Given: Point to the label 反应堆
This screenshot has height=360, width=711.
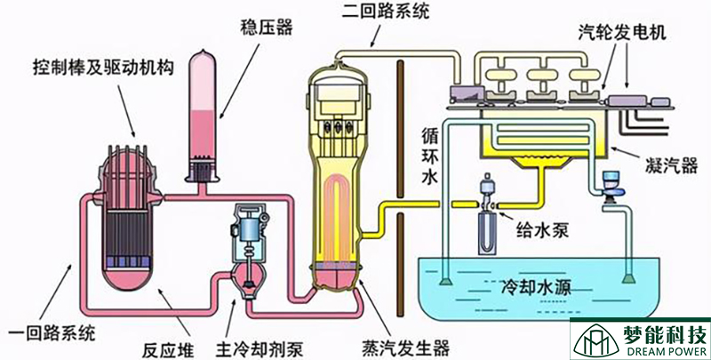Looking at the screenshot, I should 164,345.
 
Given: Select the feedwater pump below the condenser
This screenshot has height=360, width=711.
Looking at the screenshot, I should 486,213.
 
